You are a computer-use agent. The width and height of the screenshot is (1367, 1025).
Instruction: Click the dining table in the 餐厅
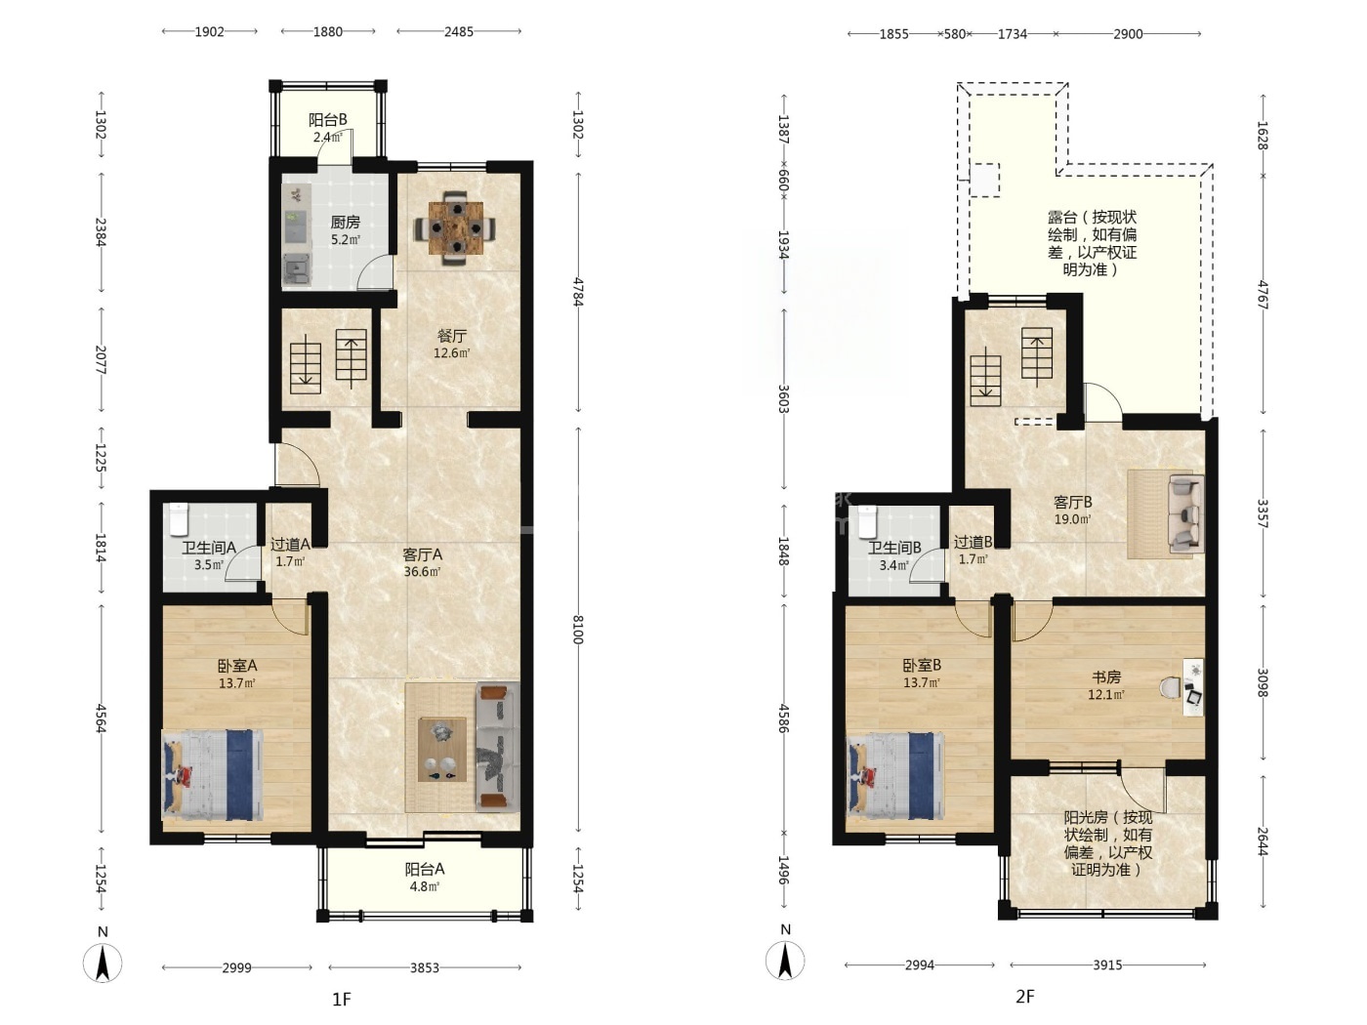coord(458,227)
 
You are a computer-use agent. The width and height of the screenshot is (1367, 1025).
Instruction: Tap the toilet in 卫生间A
coord(178,520)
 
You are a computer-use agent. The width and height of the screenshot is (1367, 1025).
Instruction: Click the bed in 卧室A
coord(212,775)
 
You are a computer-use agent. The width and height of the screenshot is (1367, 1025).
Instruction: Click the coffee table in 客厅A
coord(442,750)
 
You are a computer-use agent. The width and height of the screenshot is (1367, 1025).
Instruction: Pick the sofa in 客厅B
coord(1185,514)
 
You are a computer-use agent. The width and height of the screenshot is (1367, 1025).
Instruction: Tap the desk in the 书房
coord(1193,687)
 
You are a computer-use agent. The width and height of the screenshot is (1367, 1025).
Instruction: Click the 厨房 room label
coord(345,223)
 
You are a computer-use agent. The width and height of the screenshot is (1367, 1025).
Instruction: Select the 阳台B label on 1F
coord(327,119)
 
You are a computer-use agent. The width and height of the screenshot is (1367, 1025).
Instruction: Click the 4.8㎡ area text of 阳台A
coord(423,886)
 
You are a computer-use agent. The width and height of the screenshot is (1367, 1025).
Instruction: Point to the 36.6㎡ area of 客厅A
coord(422,571)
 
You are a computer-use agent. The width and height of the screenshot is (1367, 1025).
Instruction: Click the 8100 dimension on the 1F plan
coord(578,630)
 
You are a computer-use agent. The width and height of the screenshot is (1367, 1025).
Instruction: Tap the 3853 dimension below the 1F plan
coord(425,967)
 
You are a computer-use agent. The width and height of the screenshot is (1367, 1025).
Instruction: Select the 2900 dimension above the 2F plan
coord(1128,34)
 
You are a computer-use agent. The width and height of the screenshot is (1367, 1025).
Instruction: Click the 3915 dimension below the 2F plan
coord(1107,965)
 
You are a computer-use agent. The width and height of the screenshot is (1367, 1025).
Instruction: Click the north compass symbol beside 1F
coord(103,963)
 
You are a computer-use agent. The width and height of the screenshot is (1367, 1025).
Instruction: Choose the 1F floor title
coord(342,1000)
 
